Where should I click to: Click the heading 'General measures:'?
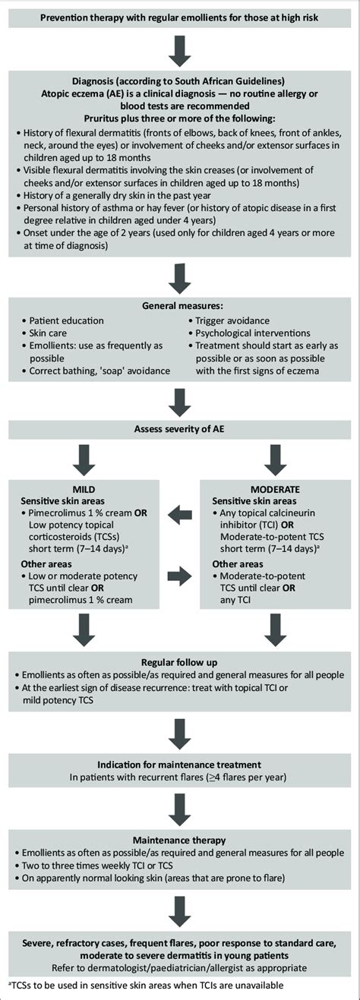click(x=179, y=304)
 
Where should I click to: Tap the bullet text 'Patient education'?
click(x=67, y=320)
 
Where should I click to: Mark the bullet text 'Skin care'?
click(x=50, y=333)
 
